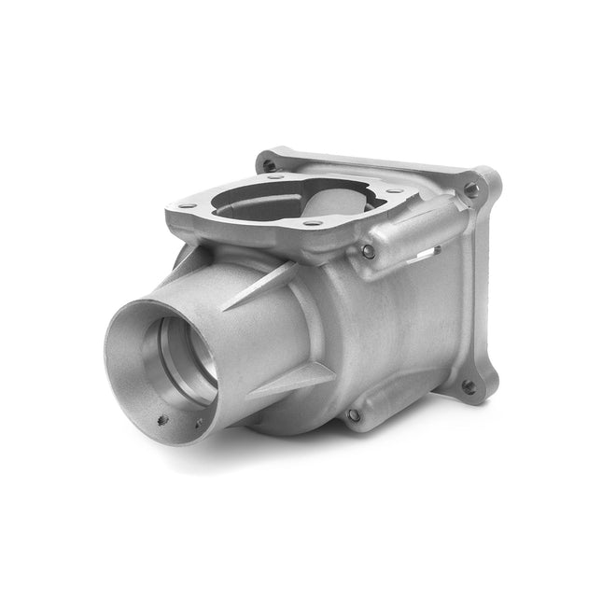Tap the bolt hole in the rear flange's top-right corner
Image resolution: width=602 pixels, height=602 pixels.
coord(471,189)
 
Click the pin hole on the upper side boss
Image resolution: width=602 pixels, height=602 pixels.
coord(369,251)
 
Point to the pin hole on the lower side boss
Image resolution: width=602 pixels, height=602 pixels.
coord(353,414)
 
